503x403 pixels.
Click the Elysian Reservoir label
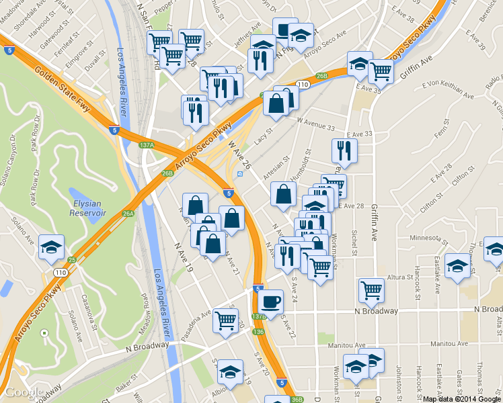(x=88, y=207)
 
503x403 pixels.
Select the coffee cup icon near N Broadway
(x=271, y=302)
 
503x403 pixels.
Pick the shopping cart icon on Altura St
(x=371, y=290)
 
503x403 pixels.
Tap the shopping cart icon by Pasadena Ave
(x=226, y=320)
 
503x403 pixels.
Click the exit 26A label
(x=128, y=214)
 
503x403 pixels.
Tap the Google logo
(x=24, y=392)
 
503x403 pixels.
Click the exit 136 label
(x=259, y=331)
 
